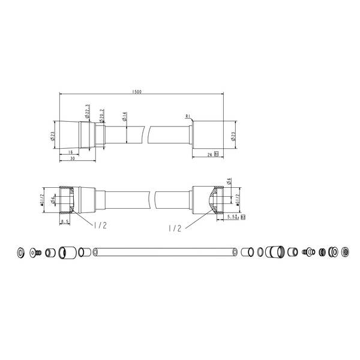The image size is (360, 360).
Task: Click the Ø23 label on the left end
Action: pyautogui.click(x=53, y=137)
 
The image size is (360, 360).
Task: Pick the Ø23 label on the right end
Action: pyautogui.click(x=233, y=136)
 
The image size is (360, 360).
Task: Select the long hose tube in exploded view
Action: pyautogui.click(x=165, y=253)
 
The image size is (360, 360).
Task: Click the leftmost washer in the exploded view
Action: pyautogui.click(x=22, y=253)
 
